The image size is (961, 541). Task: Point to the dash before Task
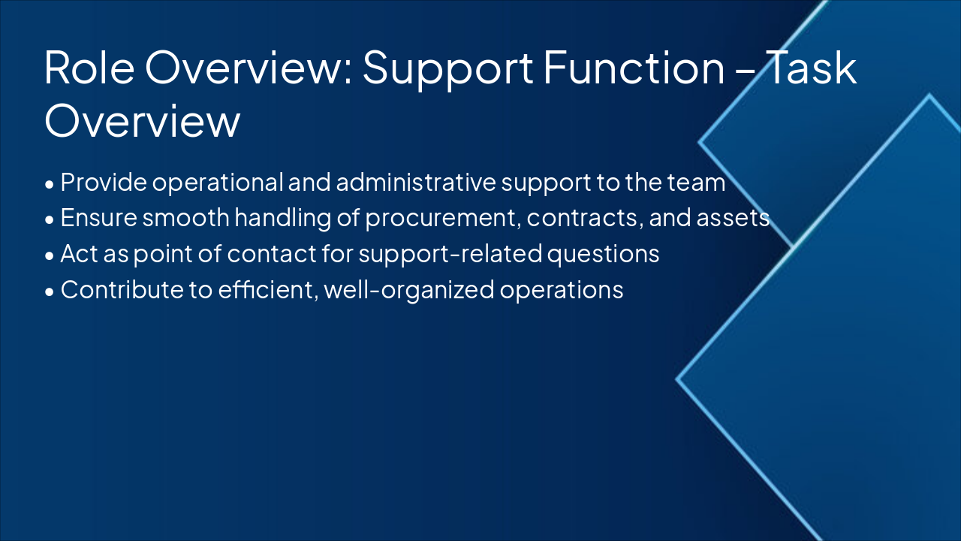tap(742, 69)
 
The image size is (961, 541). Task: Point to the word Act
tap(78, 254)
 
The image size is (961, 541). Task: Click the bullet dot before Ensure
tap(50, 219)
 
